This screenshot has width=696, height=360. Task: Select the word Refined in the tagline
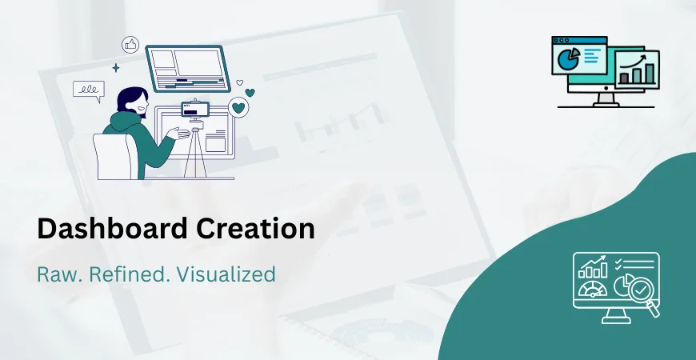[123, 274]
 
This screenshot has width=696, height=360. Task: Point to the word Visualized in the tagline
[226, 274]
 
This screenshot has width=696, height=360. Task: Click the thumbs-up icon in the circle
[130, 45]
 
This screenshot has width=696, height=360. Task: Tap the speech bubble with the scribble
[88, 90]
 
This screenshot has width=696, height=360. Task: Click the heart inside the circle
[238, 107]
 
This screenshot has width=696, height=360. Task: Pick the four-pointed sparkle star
[115, 68]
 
